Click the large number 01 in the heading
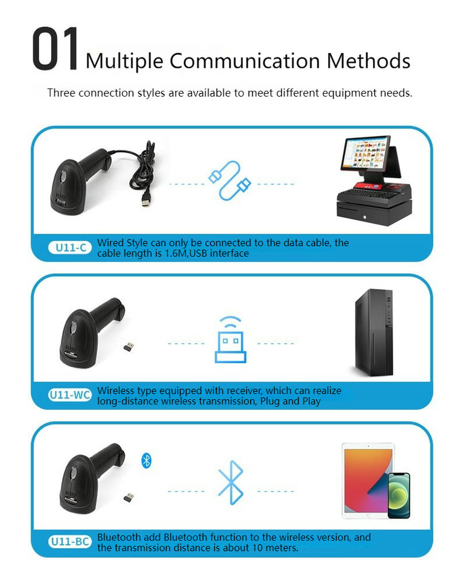[55, 49]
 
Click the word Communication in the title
[244, 61]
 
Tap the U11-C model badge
[70, 248]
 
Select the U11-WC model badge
[70, 395]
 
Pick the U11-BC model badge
[70, 542]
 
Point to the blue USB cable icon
[229, 181]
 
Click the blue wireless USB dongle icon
[231, 340]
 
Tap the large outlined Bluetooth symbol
[231, 483]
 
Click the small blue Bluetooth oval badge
[147, 461]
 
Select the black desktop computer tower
[374, 333]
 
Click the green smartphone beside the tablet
[399, 495]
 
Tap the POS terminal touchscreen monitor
[366, 153]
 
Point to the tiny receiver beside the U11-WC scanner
[129, 346]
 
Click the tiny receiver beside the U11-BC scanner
[129, 498]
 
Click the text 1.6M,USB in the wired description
[186, 253]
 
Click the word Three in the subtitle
[62, 93]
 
